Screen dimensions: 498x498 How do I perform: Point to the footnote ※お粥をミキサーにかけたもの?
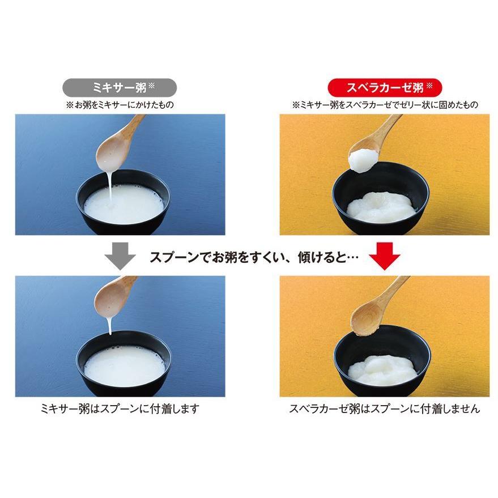[119, 105]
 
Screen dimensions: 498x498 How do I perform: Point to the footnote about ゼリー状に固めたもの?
[385, 105]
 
